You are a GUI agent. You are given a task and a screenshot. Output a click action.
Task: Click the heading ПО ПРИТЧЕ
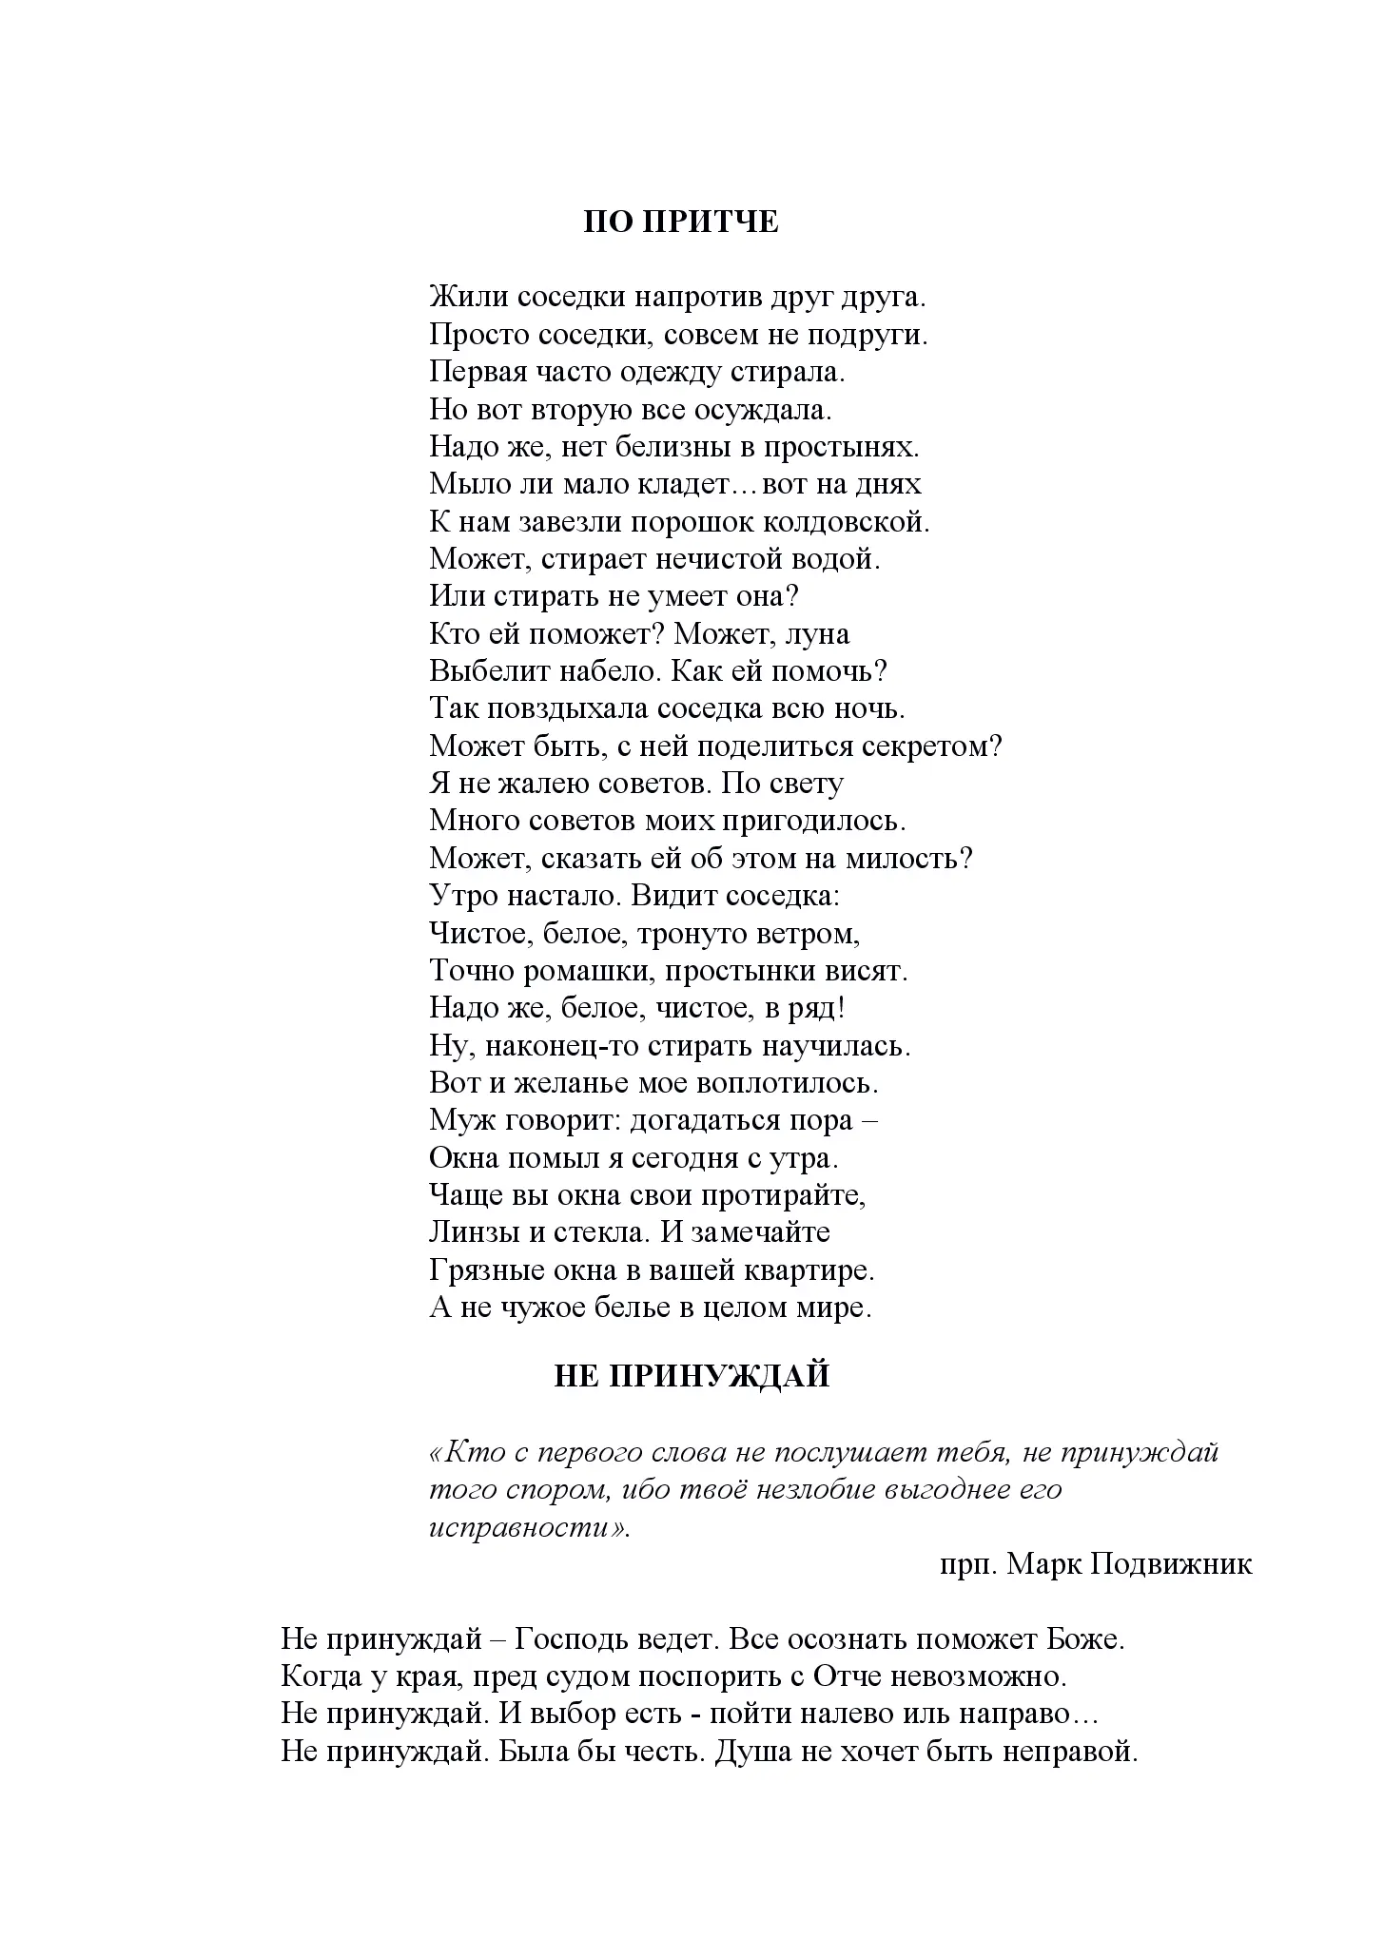click(x=681, y=222)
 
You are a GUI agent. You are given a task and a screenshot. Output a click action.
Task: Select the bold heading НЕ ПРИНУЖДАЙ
click(x=692, y=1376)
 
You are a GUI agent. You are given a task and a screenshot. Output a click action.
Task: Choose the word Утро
click(x=462, y=896)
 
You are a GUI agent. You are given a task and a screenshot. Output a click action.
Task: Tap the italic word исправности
click(x=528, y=1527)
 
